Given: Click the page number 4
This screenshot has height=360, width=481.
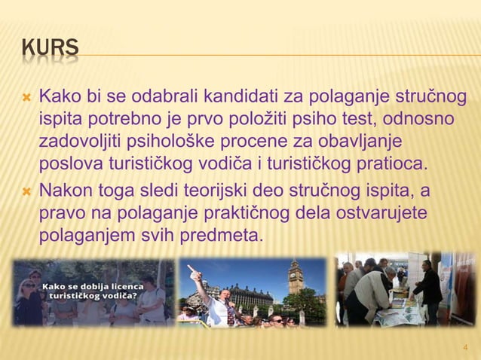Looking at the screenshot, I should (465, 347).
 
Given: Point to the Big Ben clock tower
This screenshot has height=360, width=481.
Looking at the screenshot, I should (293, 279).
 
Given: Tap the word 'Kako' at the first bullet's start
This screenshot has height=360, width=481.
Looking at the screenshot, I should (60, 98).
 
